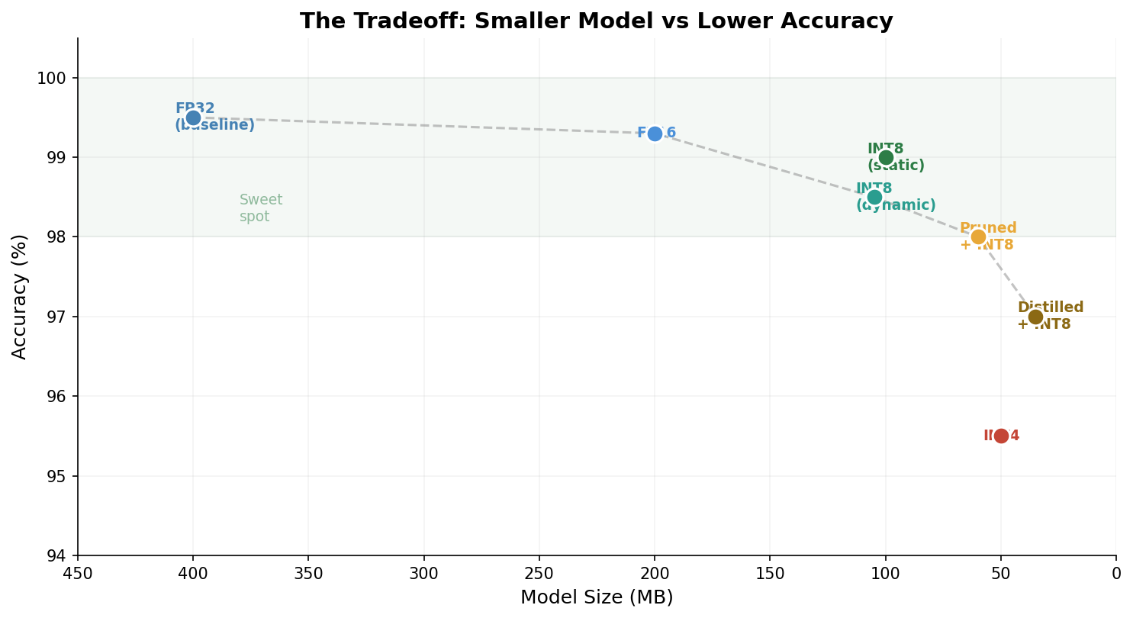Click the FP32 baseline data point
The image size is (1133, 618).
193,117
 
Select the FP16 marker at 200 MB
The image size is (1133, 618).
655,134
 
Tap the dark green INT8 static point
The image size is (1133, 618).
886,158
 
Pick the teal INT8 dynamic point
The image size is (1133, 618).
874,197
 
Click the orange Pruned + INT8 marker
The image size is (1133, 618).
978,237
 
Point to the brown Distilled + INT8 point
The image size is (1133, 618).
1035,317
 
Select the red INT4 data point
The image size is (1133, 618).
1001,436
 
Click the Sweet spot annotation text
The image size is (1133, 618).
260,208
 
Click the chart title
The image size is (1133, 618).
596,21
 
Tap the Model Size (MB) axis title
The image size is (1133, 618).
597,597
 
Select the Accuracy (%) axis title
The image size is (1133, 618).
20,296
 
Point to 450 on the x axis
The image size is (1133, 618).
78,574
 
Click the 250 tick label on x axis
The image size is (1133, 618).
539,574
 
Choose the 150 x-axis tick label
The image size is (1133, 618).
769,574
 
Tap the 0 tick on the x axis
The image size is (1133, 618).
1115,574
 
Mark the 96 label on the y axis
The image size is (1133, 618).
58,396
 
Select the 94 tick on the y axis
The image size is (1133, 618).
58,555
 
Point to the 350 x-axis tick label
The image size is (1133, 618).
308,574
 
